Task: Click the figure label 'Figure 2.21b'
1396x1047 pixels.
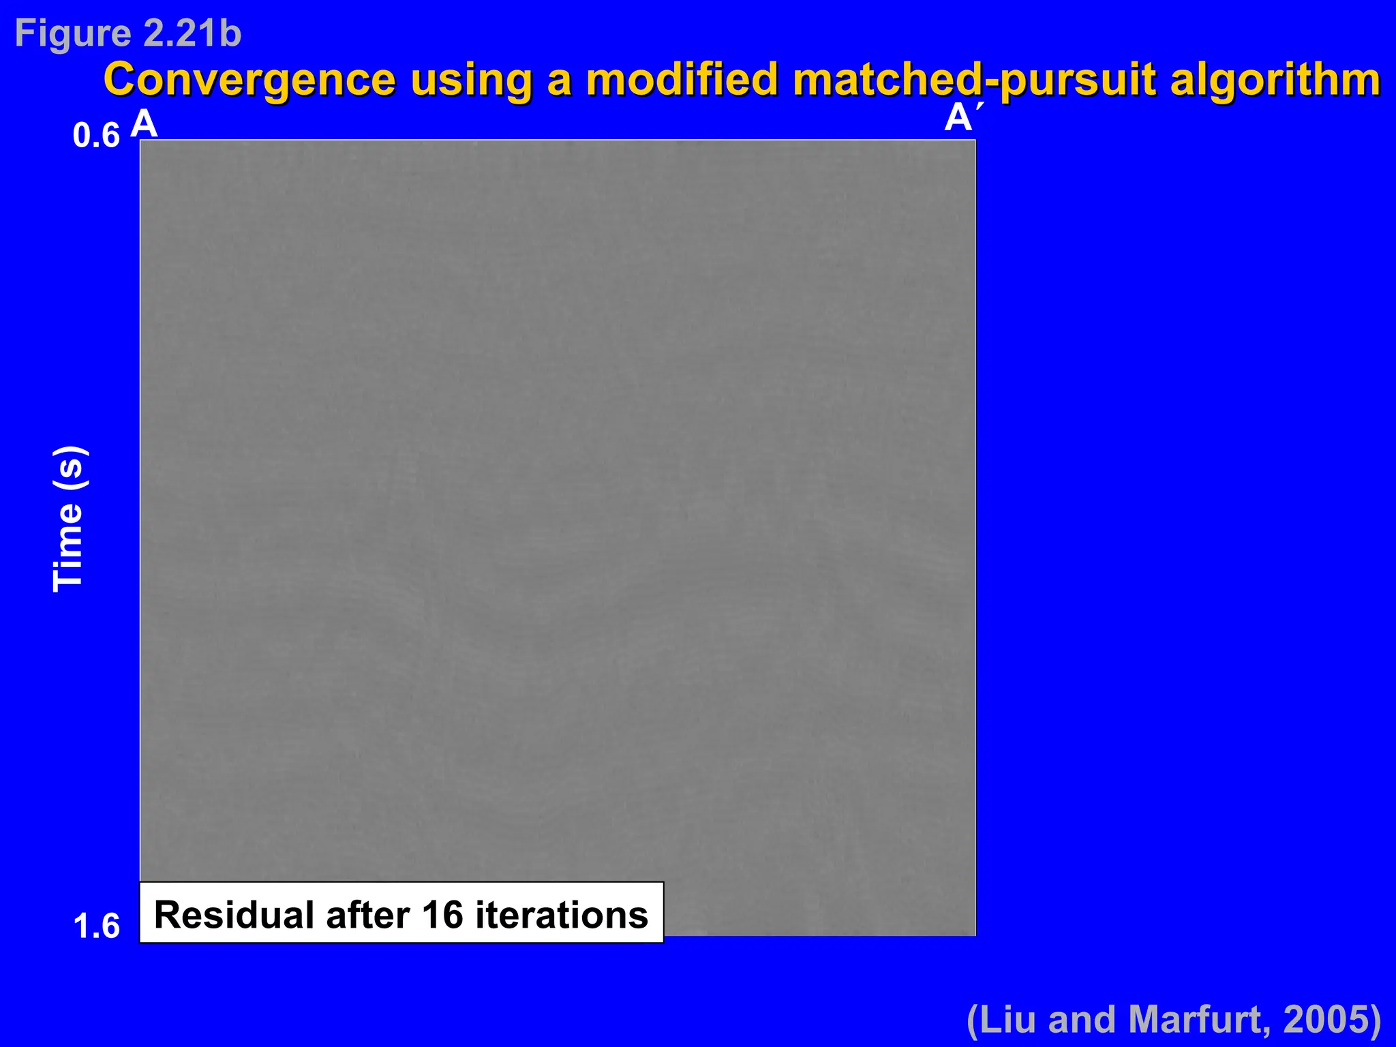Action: click(128, 33)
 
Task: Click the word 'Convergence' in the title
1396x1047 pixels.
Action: click(249, 80)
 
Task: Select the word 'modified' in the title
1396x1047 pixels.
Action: click(682, 80)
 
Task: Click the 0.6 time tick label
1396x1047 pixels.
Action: click(96, 136)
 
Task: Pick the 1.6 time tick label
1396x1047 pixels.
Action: click(96, 926)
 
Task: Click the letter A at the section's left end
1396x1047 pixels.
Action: click(144, 125)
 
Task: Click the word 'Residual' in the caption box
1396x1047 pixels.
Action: click(234, 915)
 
